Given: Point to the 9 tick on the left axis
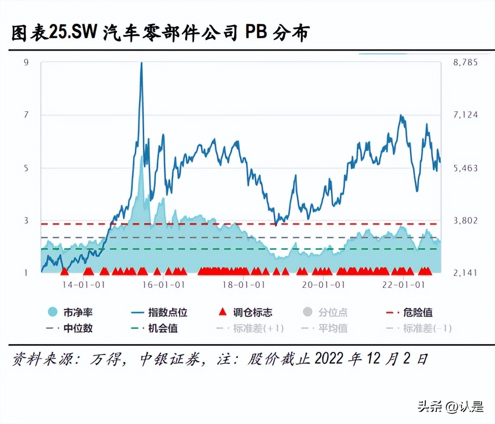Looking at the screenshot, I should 26,62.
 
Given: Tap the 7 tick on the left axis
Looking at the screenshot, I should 26,115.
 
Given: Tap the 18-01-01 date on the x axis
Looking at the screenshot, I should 244,285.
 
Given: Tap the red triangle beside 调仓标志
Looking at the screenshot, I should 222,313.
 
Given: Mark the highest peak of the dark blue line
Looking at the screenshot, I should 141,63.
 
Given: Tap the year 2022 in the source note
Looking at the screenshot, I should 329,359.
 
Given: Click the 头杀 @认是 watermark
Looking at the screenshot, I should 450,407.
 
